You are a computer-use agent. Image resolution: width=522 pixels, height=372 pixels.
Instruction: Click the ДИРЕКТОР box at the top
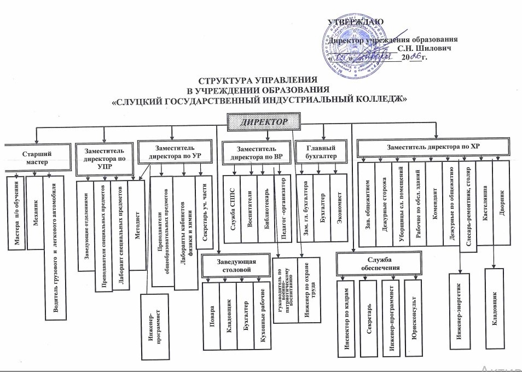[x=264, y=121]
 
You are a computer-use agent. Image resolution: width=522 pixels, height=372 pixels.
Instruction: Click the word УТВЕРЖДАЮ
[x=358, y=22]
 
